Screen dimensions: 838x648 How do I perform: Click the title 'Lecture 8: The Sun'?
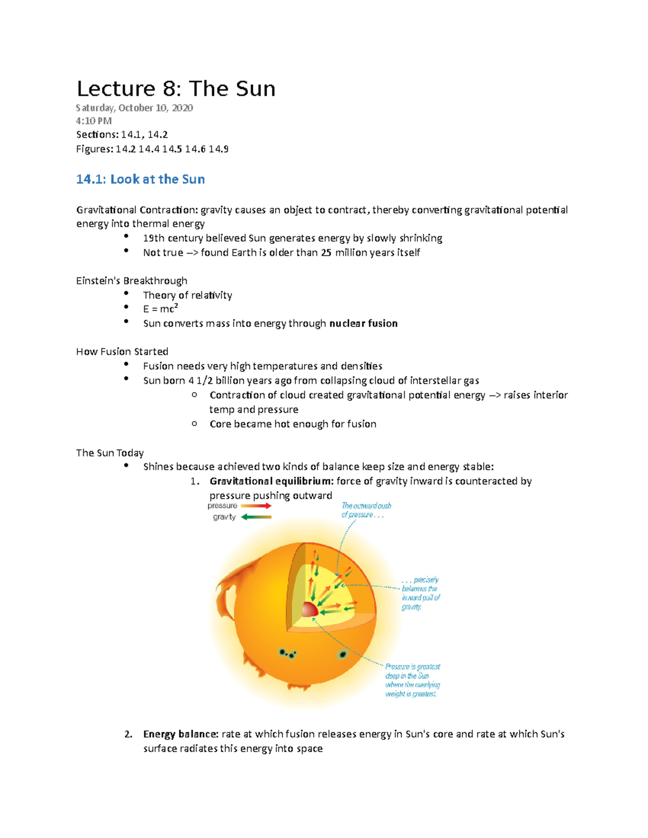[x=176, y=89]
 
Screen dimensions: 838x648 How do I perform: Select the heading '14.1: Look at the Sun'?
[x=140, y=179]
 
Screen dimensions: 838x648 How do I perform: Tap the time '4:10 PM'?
[x=94, y=121]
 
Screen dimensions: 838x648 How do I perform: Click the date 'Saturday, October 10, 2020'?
[x=134, y=108]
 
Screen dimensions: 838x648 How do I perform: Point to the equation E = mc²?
[x=160, y=309]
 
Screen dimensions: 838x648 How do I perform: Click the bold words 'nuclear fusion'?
[x=363, y=323]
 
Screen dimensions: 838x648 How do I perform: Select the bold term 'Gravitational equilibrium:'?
[x=271, y=481]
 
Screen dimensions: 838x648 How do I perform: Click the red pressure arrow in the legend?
[x=256, y=506]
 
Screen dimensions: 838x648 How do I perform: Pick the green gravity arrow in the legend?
[x=256, y=517]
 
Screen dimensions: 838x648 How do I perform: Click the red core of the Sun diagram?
[x=310, y=610]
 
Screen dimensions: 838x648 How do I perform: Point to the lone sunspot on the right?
[x=342, y=655]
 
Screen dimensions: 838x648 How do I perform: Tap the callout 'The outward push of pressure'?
[x=366, y=510]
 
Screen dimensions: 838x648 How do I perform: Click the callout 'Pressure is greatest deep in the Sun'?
[x=412, y=680]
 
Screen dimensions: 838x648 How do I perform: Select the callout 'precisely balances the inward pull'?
[x=421, y=593]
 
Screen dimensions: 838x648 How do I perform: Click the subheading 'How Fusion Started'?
[x=122, y=351]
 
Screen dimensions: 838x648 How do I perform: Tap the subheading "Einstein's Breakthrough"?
[x=132, y=281]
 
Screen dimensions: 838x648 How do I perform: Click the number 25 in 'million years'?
[x=326, y=253]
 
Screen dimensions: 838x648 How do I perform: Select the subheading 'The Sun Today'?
[x=110, y=453]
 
